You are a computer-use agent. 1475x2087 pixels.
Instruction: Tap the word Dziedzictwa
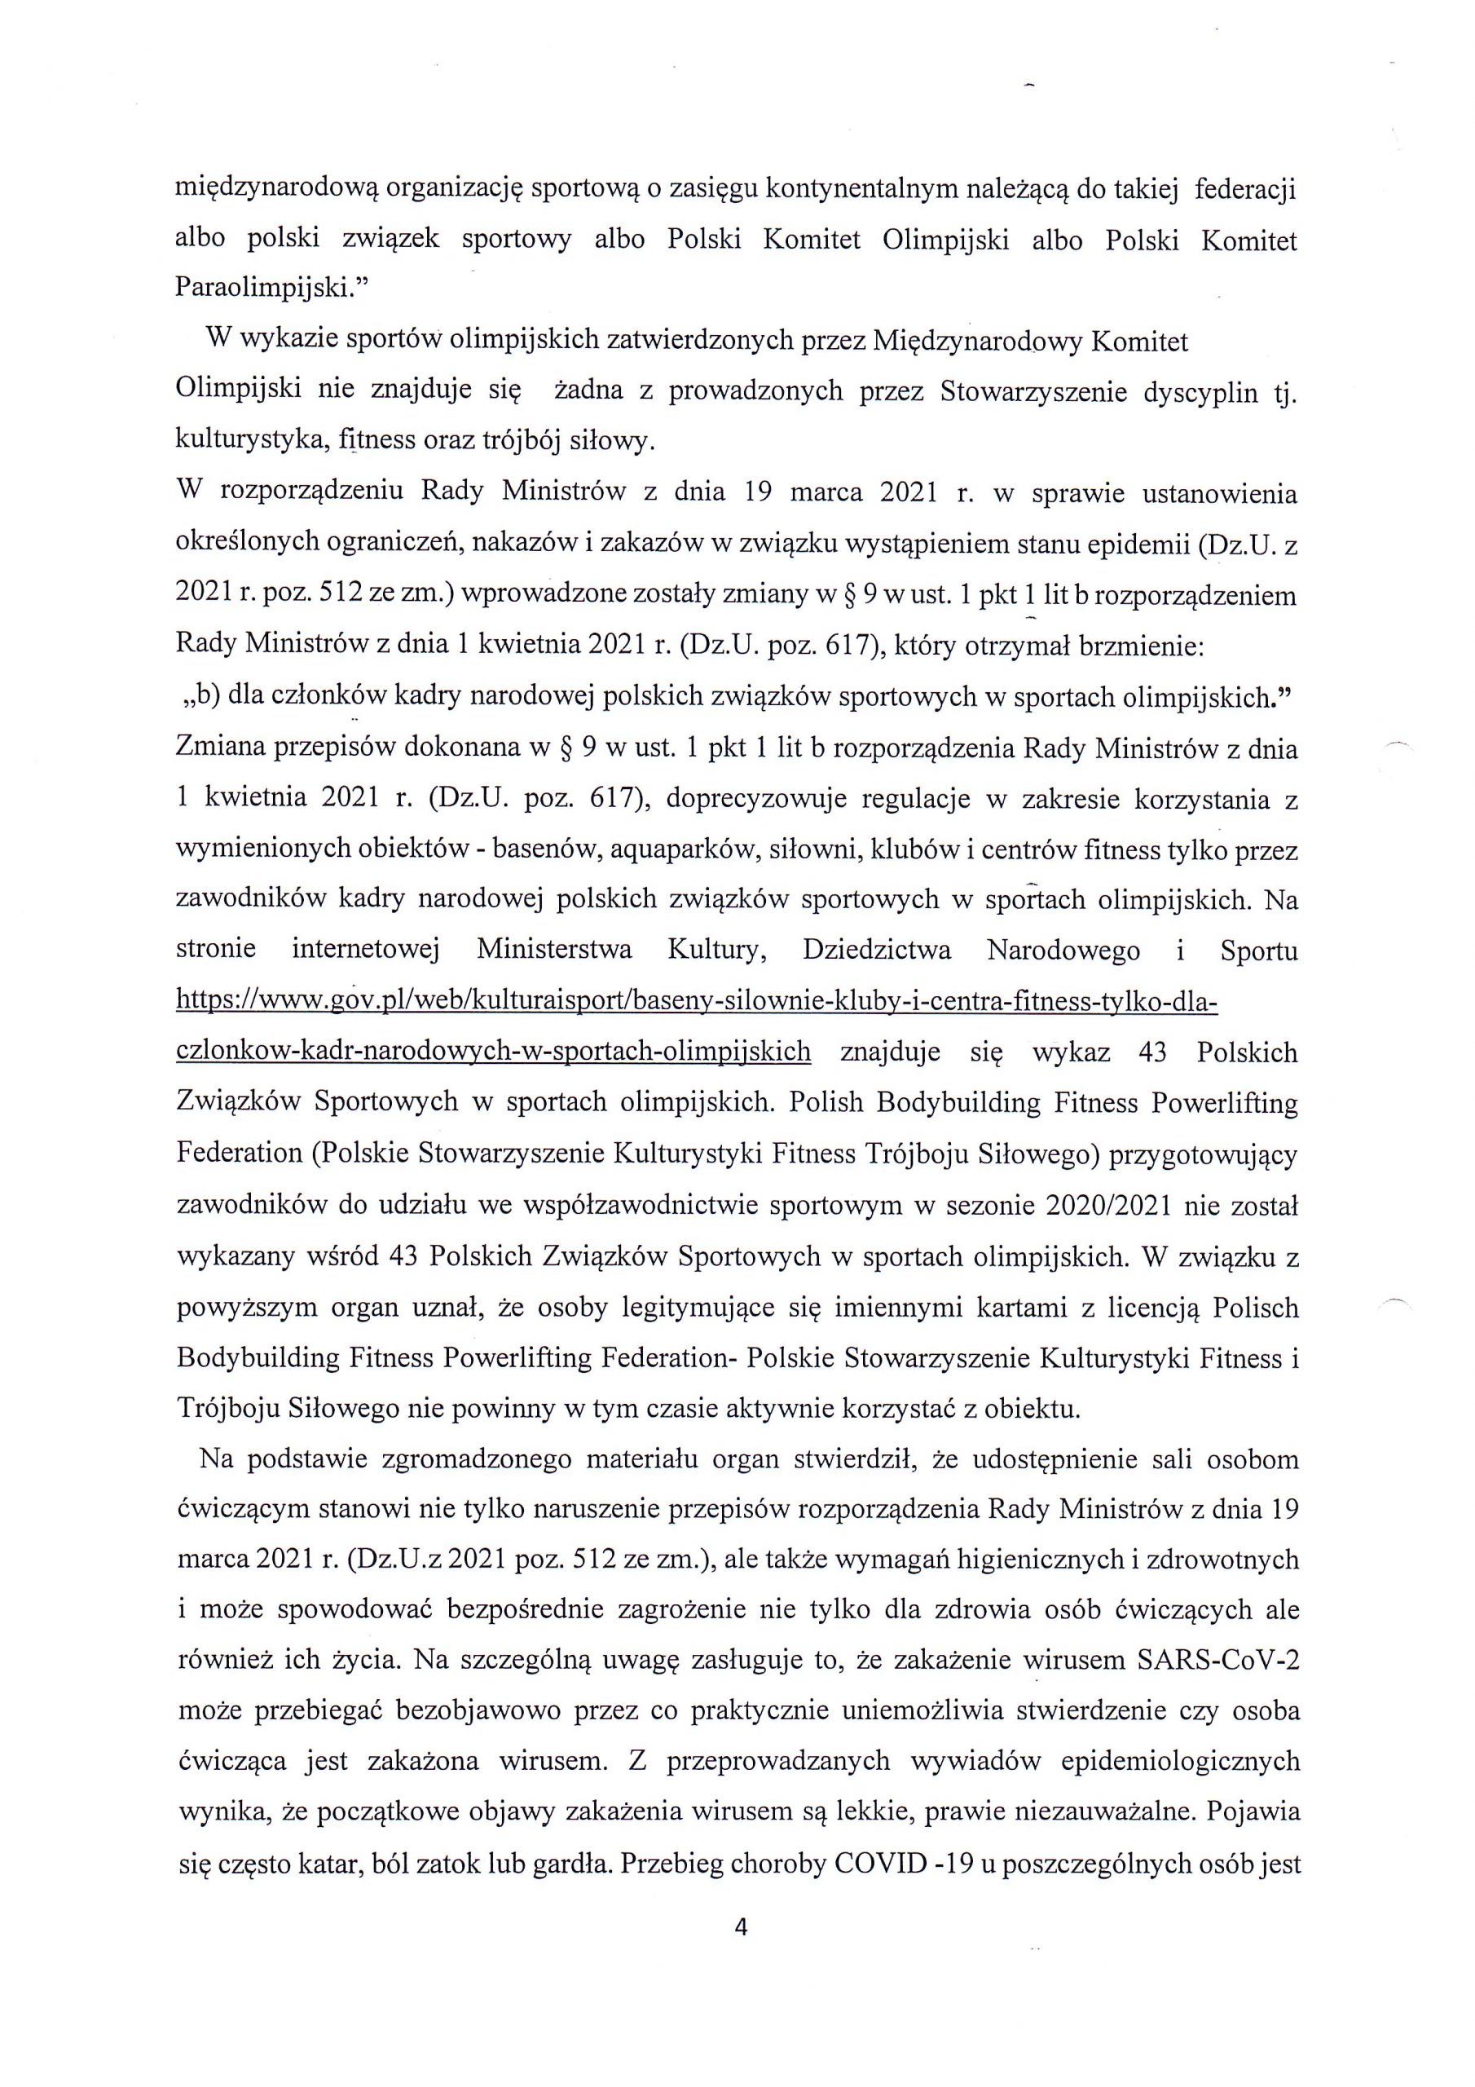click(877, 951)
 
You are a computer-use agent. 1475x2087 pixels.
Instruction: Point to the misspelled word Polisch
click(1256, 1308)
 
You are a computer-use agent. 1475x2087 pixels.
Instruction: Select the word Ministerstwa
click(554, 951)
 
